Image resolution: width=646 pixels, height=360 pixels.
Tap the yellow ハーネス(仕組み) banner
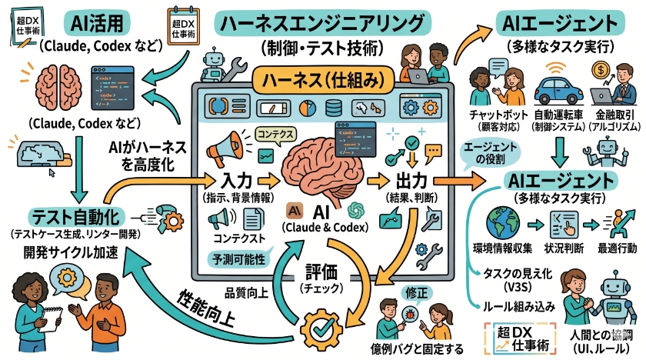pos(322,78)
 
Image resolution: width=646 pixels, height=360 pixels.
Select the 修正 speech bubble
pos(414,294)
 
